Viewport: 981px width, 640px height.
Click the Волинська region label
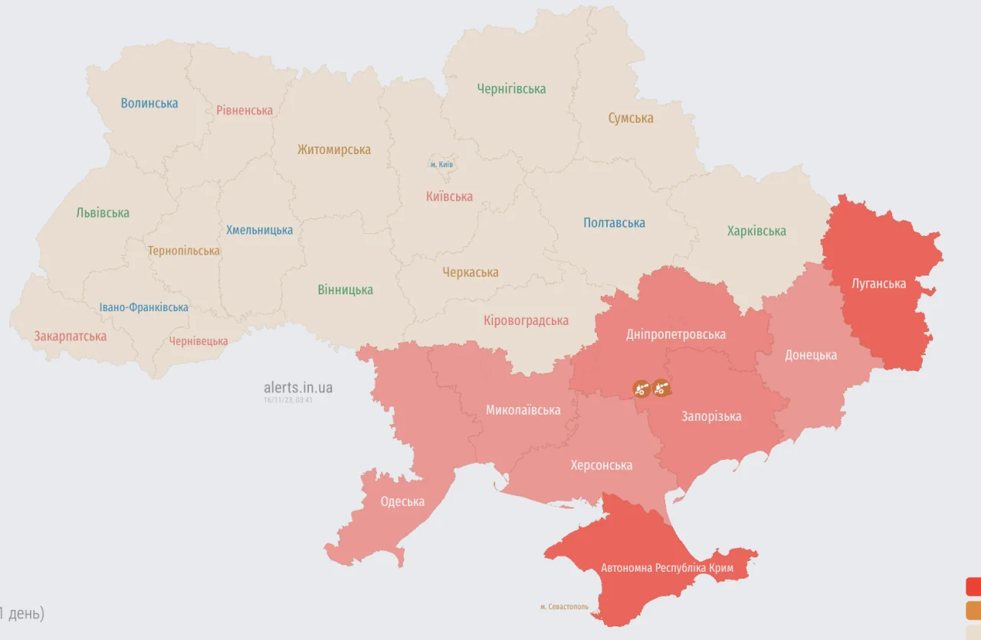click(149, 103)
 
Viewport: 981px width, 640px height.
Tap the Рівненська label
click(244, 110)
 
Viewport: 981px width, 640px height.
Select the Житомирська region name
click(334, 149)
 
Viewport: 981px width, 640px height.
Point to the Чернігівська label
click(511, 89)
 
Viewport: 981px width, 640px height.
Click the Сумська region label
click(631, 118)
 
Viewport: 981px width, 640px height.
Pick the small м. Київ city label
click(441, 165)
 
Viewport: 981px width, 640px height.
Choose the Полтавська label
click(614, 223)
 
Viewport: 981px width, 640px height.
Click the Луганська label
click(878, 284)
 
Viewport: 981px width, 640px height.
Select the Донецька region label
click(811, 355)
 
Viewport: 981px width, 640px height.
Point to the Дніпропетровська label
click(675, 334)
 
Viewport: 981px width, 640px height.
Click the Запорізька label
click(711, 416)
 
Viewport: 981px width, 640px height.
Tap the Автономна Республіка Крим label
click(667, 568)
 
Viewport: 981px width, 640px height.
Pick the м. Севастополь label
click(564, 606)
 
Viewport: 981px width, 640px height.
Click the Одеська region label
click(402, 501)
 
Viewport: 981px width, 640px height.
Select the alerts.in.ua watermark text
click(298, 388)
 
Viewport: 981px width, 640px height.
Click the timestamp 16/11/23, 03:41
click(288, 400)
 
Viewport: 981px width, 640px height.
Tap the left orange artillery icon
click(641, 389)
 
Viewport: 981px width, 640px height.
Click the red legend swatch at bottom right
click(973, 586)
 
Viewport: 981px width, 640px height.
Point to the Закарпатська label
click(70, 336)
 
